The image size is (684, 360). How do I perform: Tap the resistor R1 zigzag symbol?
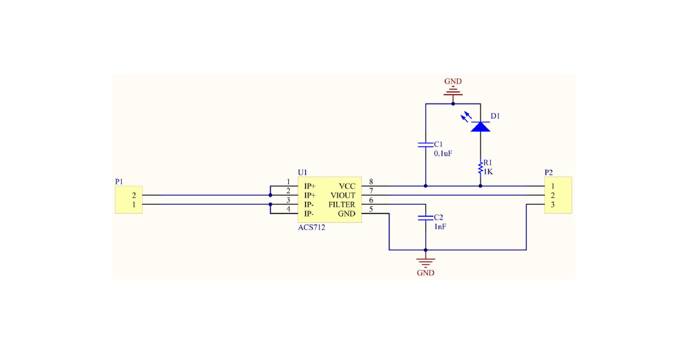(x=480, y=168)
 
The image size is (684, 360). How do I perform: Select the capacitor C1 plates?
(x=425, y=144)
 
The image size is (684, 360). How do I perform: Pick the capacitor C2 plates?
(x=425, y=218)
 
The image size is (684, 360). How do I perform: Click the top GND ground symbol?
(x=453, y=91)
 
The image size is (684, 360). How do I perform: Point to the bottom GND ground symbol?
(x=425, y=263)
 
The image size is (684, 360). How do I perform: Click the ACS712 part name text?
(x=312, y=227)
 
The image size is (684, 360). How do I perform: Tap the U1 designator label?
(x=302, y=172)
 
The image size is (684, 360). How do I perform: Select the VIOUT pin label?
(x=343, y=196)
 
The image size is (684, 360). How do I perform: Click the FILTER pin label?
(x=342, y=205)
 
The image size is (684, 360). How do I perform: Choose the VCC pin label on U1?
(x=347, y=186)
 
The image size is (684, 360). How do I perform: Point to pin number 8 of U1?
(x=371, y=182)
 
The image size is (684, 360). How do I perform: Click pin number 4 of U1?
(x=288, y=209)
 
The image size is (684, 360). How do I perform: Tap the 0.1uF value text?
(x=443, y=154)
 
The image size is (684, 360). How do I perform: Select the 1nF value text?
(x=440, y=227)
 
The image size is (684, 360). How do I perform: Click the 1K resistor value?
(x=488, y=172)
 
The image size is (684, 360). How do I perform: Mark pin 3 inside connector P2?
(x=553, y=205)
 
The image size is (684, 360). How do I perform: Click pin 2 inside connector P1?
(x=134, y=196)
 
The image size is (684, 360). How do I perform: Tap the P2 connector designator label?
(x=549, y=172)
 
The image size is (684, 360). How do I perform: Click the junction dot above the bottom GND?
(x=425, y=250)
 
